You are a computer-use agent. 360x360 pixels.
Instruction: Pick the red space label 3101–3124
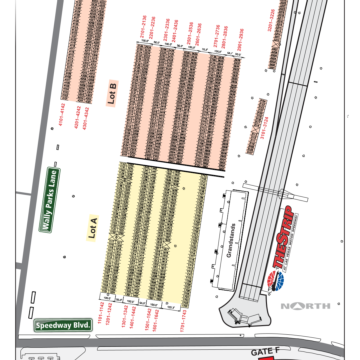coord(263,129)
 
